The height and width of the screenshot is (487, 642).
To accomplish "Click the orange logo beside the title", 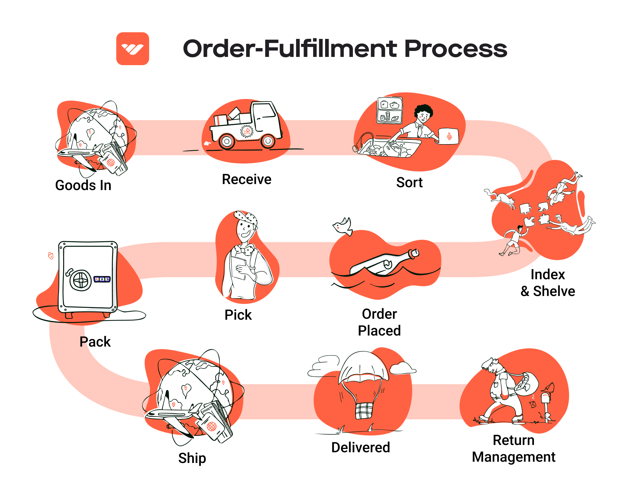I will (x=132, y=49).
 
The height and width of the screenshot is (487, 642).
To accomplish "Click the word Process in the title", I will (x=456, y=49).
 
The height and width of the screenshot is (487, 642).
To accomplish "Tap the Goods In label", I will (x=83, y=185).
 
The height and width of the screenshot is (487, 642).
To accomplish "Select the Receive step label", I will (x=246, y=179).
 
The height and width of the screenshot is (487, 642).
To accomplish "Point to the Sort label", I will (x=409, y=182).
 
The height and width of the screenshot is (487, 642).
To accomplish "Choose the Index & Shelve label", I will (x=548, y=283).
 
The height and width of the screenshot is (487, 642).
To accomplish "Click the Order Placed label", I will (x=379, y=322).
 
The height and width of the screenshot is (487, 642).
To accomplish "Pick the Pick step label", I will (x=238, y=315).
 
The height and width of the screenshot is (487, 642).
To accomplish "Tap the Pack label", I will (x=95, y=342).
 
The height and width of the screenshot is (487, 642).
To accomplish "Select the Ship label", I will (x=192, y=458).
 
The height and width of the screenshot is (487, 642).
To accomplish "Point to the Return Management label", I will (x=513, y=448).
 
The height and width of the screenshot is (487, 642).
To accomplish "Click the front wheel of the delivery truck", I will (x=268, y=141).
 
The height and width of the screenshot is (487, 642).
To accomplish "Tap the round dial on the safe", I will (x=81, y=280).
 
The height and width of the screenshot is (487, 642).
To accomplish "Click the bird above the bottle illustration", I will (x=343, y=226).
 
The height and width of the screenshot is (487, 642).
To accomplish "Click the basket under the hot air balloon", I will (x=364, y=410).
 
